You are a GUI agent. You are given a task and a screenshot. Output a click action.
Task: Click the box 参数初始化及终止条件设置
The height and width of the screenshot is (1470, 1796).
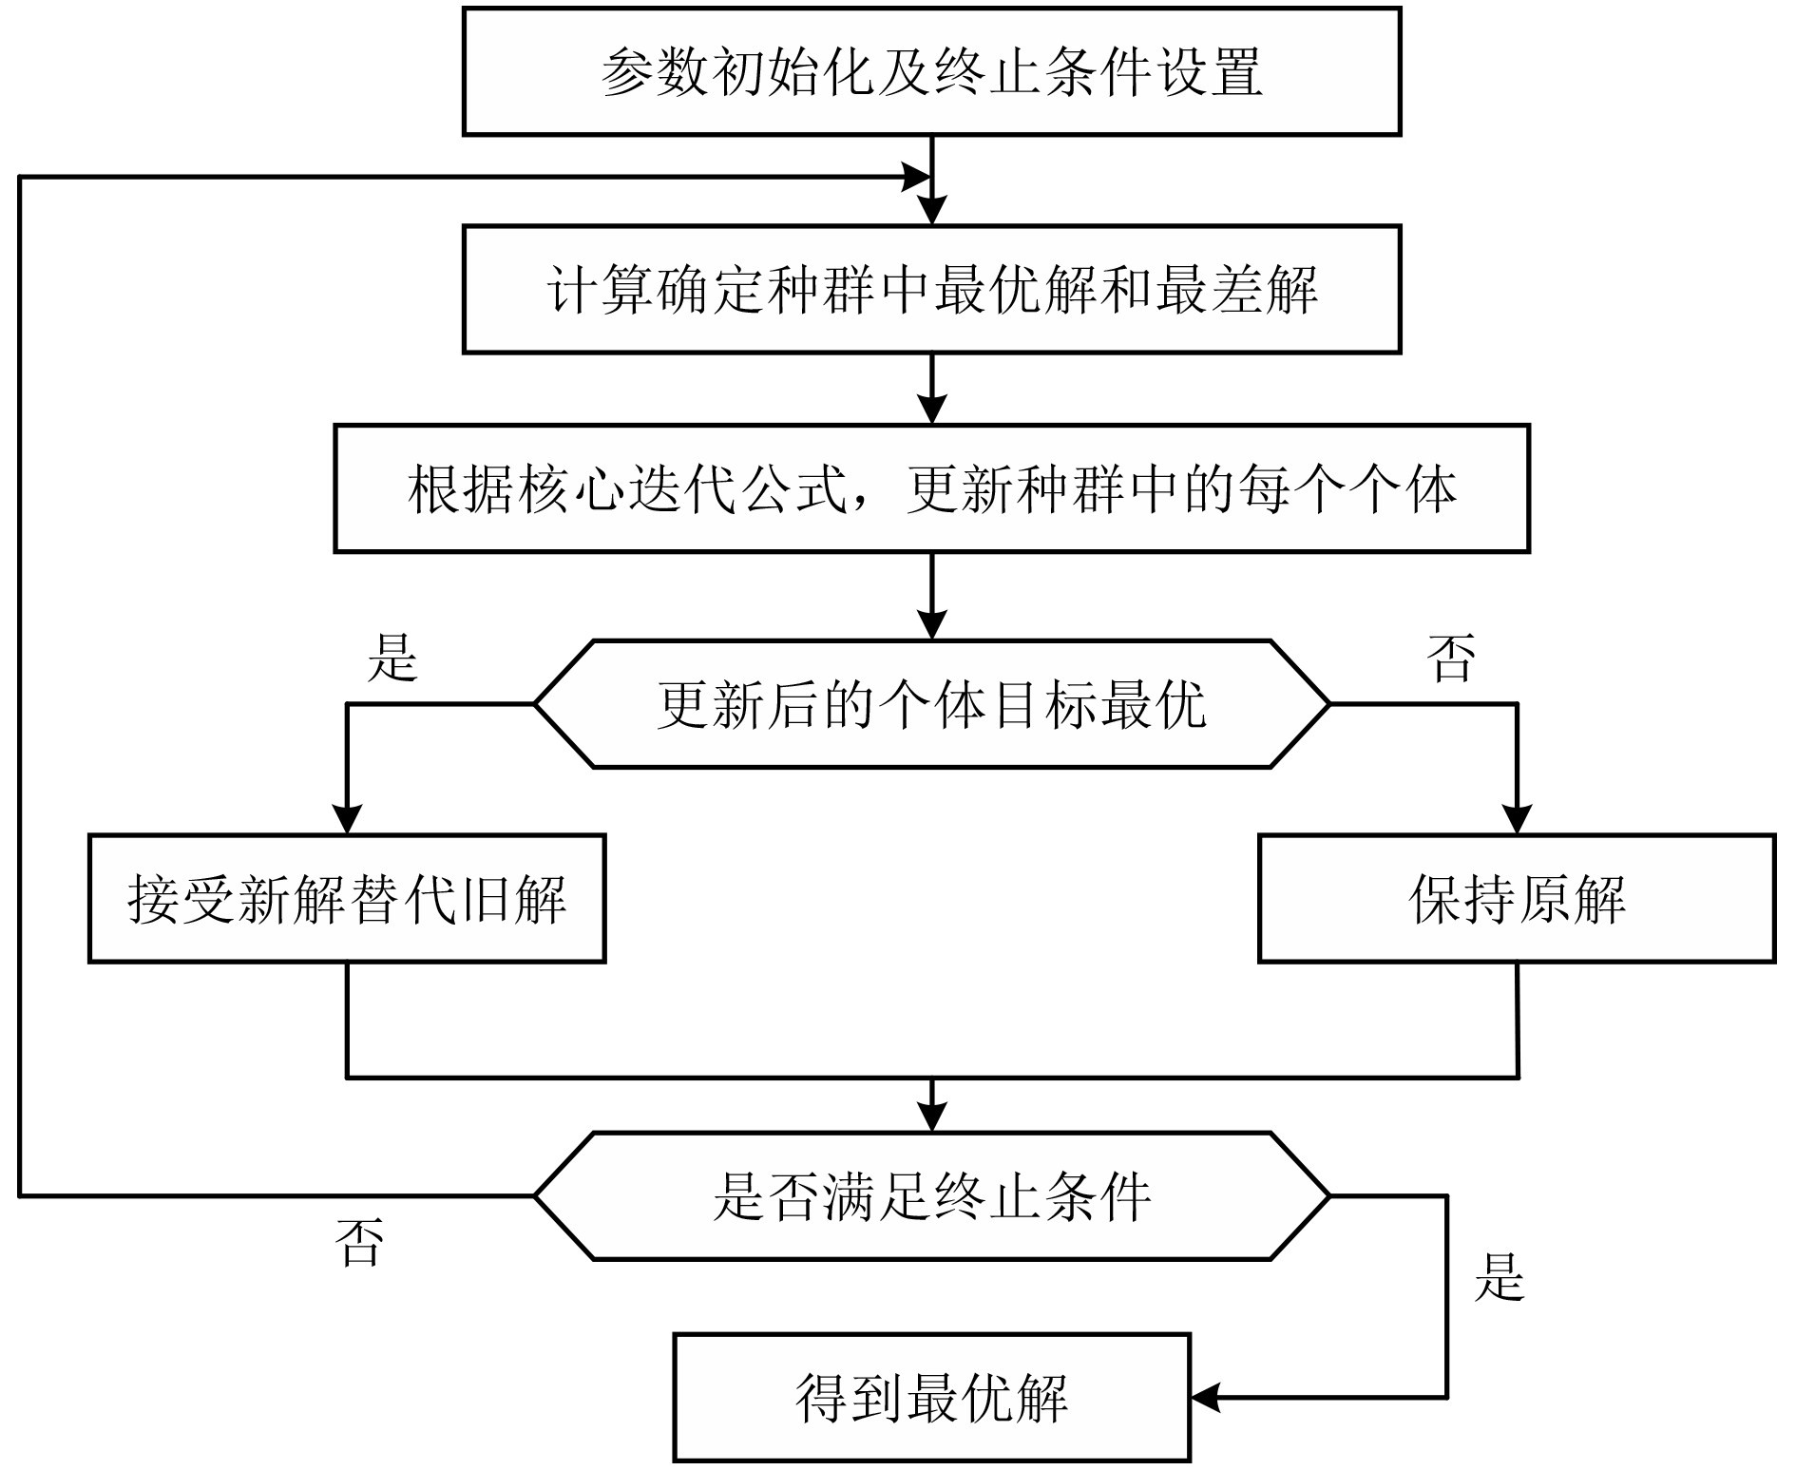[931, 71]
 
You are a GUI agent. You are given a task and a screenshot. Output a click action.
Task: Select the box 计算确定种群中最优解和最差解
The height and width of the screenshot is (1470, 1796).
[931, 289]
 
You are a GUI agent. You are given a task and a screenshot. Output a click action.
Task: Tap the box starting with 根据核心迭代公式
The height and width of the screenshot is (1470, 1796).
[931, 488]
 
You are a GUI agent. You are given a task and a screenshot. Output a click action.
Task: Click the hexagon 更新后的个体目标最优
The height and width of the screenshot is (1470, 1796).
[931, 704]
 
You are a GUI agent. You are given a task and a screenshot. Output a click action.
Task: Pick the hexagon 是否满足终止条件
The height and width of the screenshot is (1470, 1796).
[931, 1196]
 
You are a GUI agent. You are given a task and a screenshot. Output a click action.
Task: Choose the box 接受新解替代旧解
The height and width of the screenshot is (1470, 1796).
[347, 899]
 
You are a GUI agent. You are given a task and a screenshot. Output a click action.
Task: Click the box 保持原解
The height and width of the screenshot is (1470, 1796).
[1517, 899]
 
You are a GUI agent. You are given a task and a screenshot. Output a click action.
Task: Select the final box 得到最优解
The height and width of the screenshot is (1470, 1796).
[931, 1398]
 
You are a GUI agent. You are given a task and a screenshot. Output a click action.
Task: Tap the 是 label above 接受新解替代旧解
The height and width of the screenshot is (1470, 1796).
[392, 658]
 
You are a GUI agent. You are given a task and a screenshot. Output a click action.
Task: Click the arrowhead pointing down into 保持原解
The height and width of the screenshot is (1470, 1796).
[1517, 820]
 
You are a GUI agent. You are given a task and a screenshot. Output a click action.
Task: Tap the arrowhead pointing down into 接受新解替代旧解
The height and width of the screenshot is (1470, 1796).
[348, 820]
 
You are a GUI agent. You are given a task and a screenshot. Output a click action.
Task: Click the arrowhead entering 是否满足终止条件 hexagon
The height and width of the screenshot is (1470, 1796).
[932, 1118]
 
